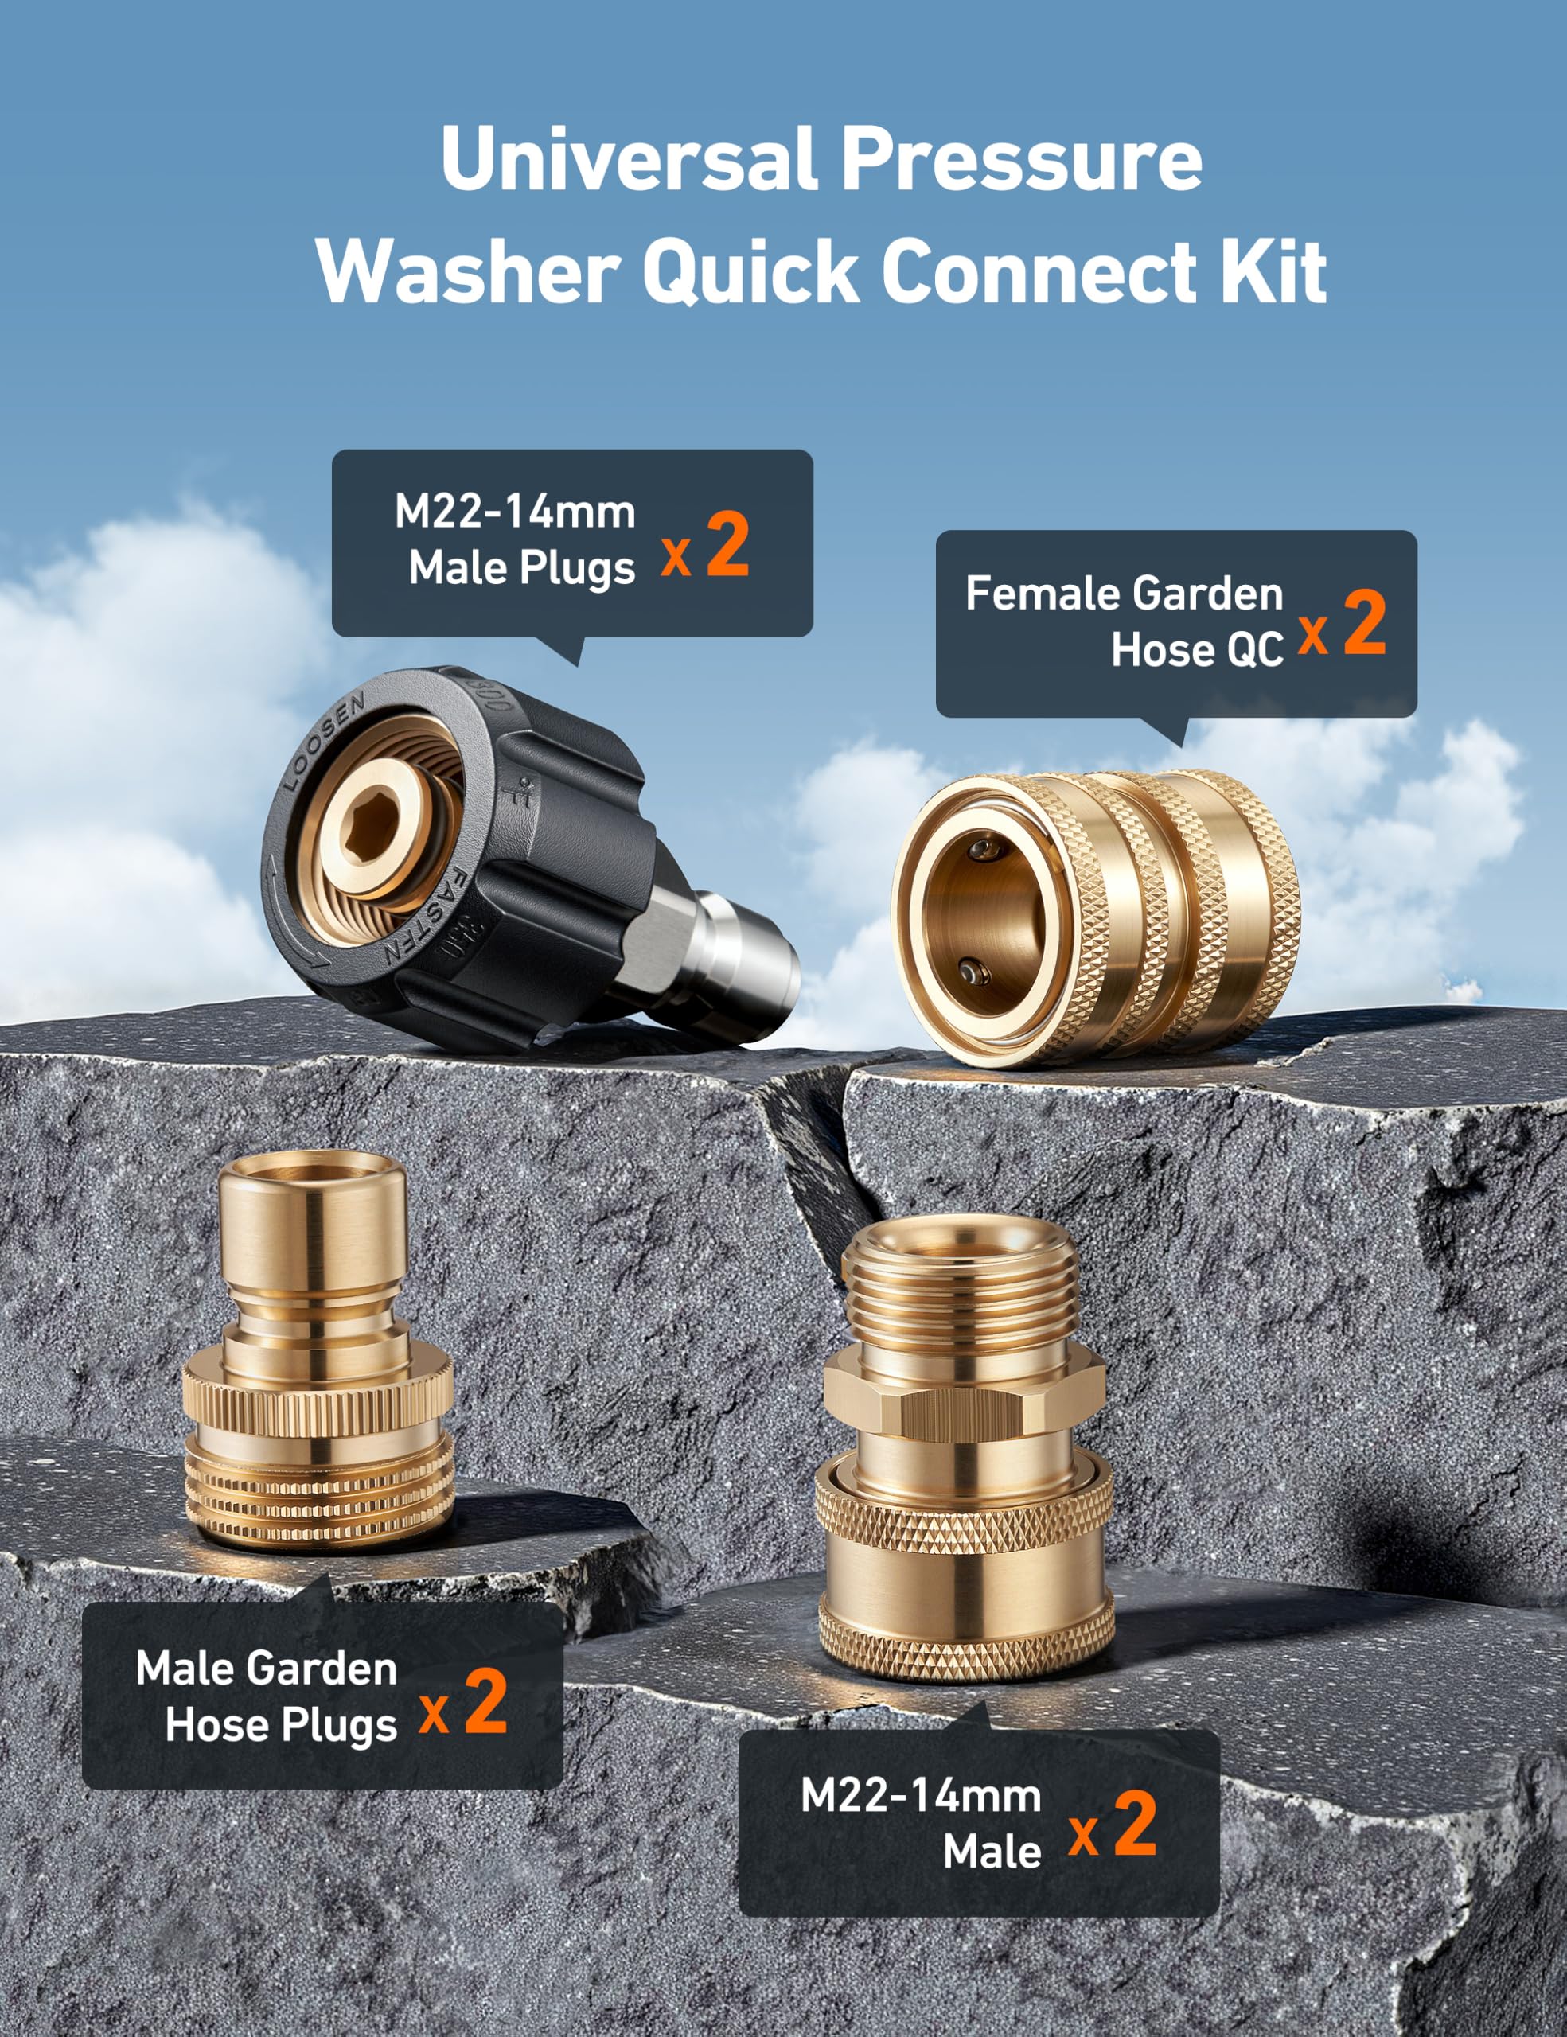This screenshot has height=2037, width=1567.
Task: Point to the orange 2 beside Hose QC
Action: (x=1365, y=623)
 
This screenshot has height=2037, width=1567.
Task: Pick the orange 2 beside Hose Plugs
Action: (x=486, y=1700)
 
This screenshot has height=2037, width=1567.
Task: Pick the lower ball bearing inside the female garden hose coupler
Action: (x=976, y=973)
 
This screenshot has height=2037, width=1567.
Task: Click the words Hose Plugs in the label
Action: (x=282, y=1725)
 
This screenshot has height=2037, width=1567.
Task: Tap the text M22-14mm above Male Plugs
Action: (x=515, y=512)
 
